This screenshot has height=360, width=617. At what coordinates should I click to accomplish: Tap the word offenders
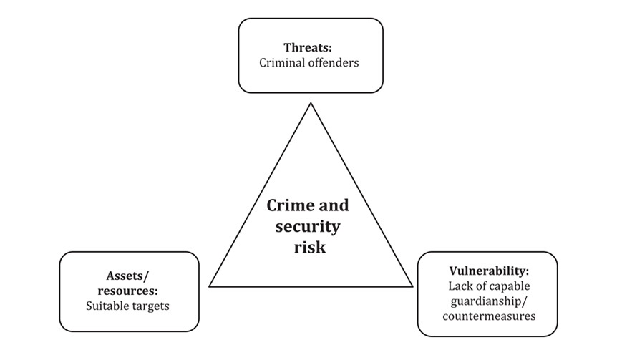click(x=334, y=63)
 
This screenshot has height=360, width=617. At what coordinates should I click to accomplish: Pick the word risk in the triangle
click(x=308, y=248)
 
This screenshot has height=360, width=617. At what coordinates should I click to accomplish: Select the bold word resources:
click(x=128, y=291)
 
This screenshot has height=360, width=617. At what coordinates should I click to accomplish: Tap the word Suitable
click(x=106, y=306)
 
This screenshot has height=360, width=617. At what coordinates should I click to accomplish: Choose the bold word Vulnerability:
click(x=489, y=271)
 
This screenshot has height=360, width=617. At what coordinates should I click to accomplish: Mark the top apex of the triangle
click(x=310, y=104)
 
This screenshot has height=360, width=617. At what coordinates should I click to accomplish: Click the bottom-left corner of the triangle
click(x=209, y=286)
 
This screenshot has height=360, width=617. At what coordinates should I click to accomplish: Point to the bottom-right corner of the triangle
click(x=412, y=286)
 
